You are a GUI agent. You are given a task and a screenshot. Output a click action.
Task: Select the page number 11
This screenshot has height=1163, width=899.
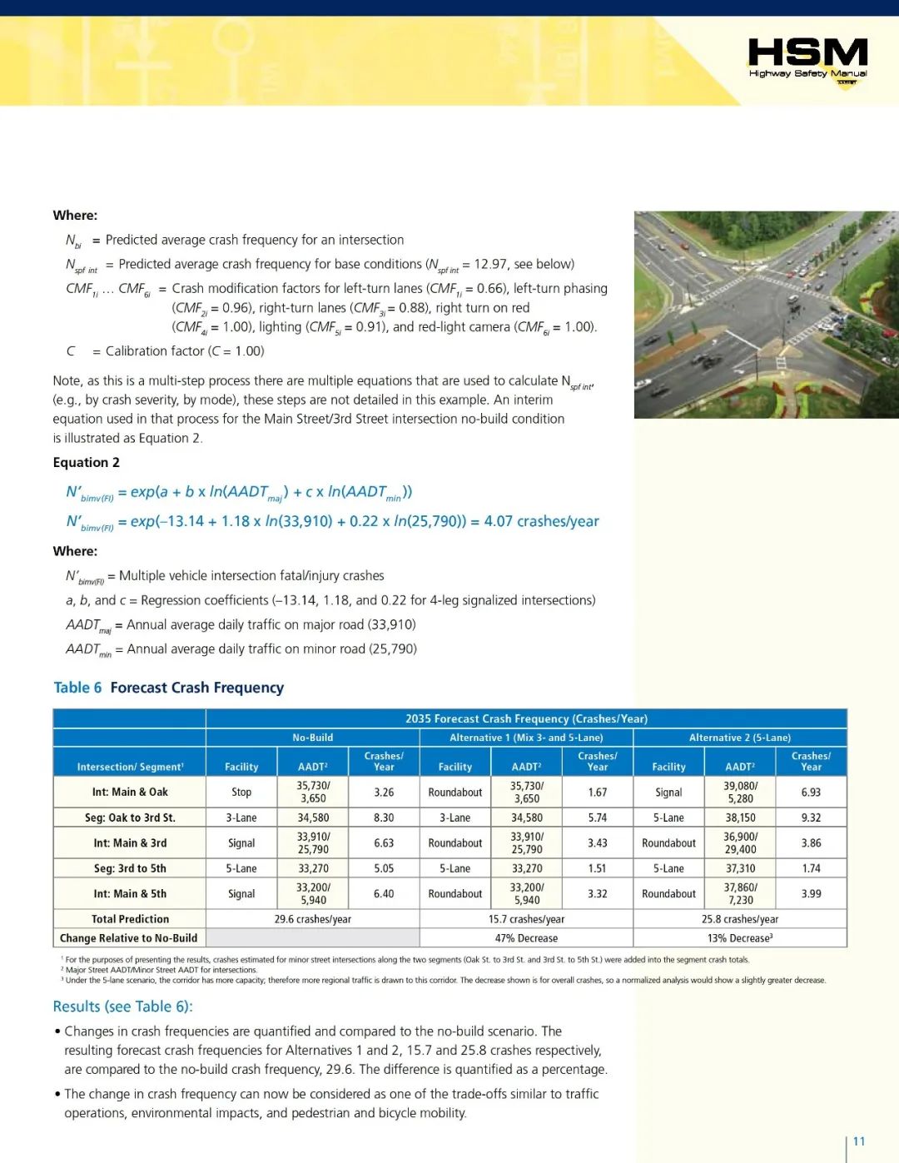point(859,1141)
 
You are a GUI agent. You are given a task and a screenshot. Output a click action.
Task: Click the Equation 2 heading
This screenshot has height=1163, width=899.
point(86,463)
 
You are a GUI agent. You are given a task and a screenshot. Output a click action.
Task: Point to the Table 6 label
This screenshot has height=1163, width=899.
point(77,688)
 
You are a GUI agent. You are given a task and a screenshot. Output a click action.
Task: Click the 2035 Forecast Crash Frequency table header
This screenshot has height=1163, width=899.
point(526,718)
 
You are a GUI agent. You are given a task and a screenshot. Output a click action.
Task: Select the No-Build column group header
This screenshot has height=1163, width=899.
point(312,738)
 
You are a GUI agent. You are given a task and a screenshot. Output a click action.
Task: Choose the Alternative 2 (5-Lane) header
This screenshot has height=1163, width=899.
point(739,738)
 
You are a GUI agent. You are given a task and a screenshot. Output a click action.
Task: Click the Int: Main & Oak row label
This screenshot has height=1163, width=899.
point(130,792)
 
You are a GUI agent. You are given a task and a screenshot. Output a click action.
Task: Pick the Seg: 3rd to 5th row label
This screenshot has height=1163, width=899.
point(130,868)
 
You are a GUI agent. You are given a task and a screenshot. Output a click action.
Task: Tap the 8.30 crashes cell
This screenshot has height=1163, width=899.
point(384,818)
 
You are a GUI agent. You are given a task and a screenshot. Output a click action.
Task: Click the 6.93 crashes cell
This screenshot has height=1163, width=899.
point(811,793)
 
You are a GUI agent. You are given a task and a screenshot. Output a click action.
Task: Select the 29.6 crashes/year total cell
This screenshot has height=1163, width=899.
point(312,919)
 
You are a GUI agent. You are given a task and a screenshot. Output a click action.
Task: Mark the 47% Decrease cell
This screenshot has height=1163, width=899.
point(526,938)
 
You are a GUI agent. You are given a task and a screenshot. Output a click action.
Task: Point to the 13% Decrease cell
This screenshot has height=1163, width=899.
point(739,938)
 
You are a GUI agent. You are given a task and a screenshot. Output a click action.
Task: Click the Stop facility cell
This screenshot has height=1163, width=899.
point(241,793)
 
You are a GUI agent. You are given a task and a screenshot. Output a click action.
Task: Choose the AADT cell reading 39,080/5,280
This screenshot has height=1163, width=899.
point(740,792)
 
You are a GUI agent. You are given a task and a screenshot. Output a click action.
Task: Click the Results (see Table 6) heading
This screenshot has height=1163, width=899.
point(122,1006)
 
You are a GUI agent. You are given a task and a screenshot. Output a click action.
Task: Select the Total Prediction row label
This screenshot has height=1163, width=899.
point(130,919)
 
